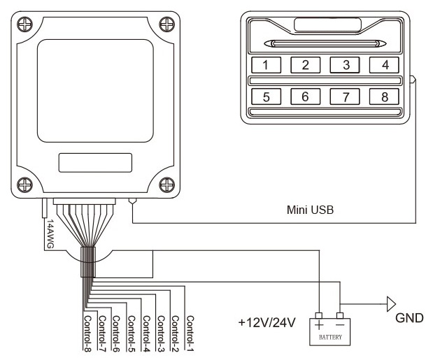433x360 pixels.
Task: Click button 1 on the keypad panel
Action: [266, 66]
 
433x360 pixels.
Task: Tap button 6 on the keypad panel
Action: [305, 96]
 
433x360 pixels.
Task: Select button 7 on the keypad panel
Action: [345, 96]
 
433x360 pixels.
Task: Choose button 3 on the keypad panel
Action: [345, 66]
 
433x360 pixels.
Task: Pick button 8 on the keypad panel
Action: [384, 96]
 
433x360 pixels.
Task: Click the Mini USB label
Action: [309, 208]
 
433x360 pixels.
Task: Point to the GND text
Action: [409, 317]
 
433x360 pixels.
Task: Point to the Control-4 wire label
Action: [145, 331]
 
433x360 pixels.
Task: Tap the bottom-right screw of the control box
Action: [166, 185]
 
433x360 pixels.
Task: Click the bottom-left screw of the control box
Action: [24, 185]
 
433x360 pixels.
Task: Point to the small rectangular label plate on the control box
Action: [94, 163]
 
